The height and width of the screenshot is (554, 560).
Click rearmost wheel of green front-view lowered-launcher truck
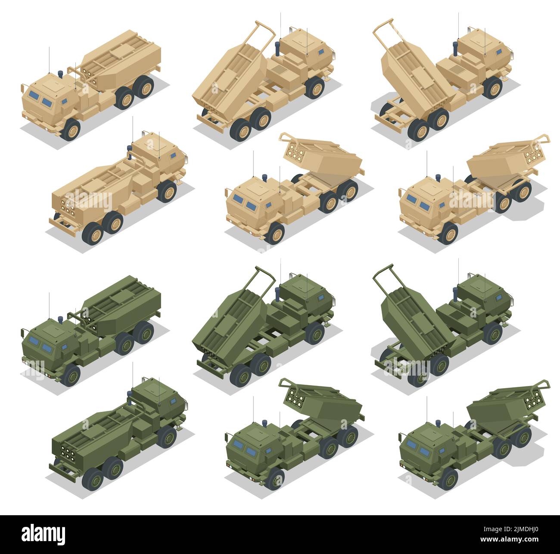145,332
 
